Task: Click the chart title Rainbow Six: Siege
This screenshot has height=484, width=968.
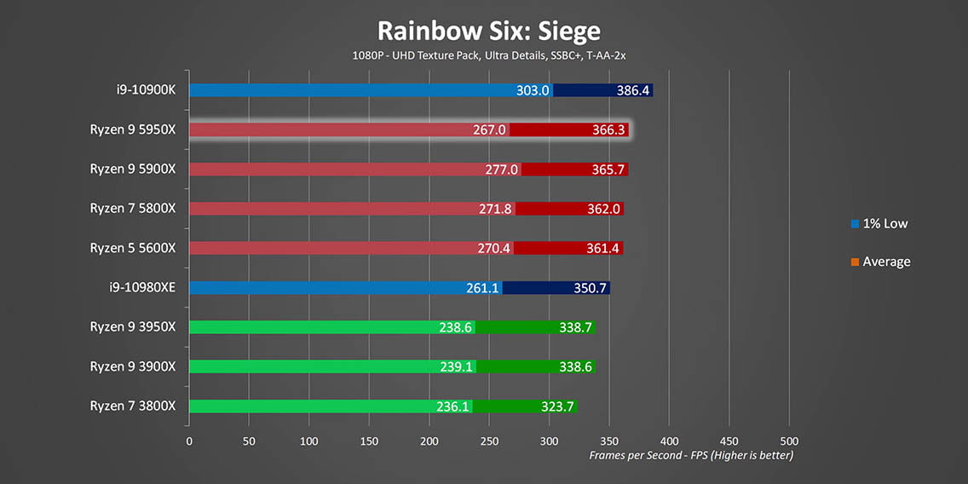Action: tap(488, 32)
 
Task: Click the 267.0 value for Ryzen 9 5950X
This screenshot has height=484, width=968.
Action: tap(489, 130)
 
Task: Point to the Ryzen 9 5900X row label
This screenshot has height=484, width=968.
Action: tap(132, 170)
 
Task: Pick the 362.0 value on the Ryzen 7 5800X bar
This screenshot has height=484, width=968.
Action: tap(601, 209)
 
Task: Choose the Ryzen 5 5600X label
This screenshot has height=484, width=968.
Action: tap(132, 248)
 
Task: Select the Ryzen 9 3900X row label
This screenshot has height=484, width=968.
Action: tap(132, 366)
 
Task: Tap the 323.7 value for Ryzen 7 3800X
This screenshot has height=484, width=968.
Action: tap(557, 406)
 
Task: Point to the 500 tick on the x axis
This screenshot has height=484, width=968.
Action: tap(789, 441)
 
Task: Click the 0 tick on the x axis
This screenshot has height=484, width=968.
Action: tap(189, 441)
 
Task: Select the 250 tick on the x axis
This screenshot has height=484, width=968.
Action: tap(489, 441)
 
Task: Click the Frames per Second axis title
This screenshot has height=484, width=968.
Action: tap(691, 456)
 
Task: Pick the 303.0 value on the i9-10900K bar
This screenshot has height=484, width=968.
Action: tap(533, 90)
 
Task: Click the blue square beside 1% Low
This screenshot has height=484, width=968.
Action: tap(855, 224)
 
